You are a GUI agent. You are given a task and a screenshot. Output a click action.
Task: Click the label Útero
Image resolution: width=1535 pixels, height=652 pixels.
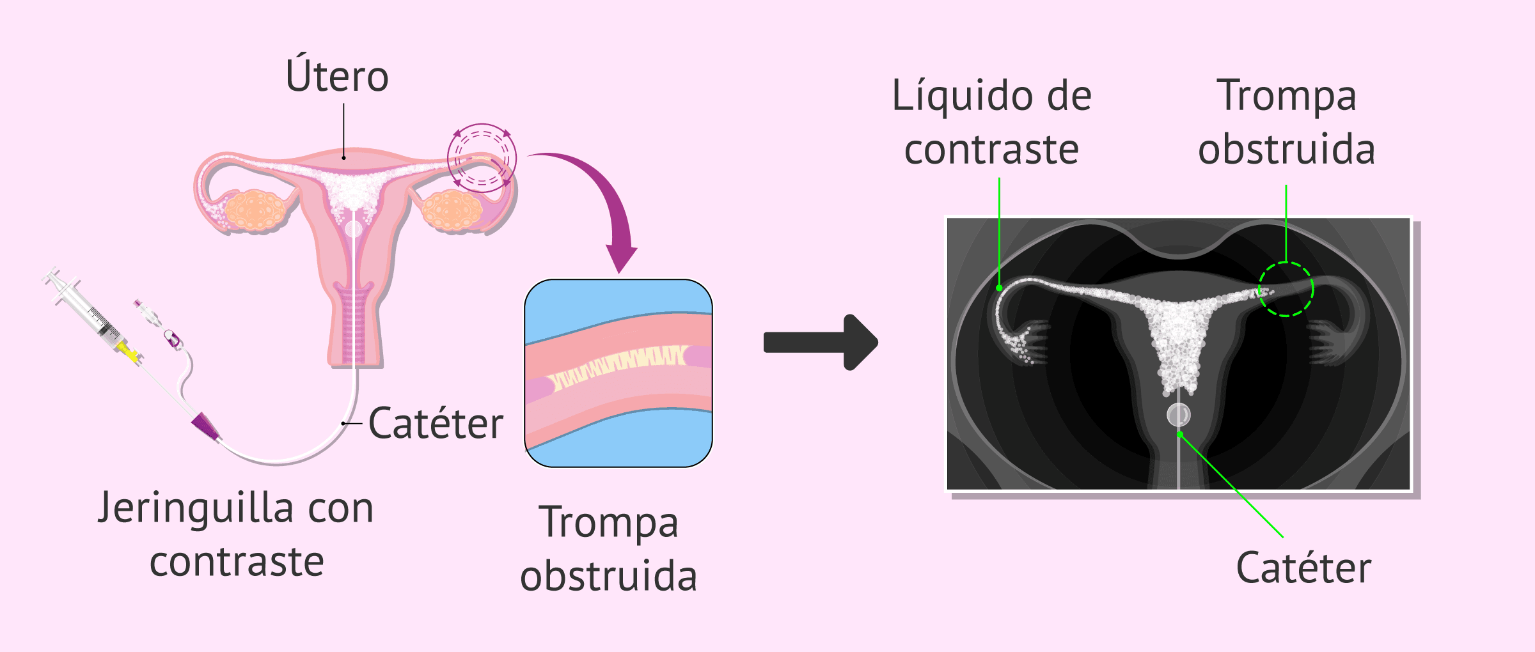click(x=337, y=76)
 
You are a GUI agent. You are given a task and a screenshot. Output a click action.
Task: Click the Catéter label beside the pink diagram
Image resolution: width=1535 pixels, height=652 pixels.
click(x=436, y=424)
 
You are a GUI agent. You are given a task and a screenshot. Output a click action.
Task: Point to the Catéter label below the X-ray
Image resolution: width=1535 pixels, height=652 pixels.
click(x=1303, y=568)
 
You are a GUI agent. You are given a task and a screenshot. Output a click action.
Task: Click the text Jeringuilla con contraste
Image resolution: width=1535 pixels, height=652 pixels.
click(x=236, y=534)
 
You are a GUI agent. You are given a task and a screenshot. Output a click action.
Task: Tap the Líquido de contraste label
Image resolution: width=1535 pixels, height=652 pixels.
click(x=991, y=122)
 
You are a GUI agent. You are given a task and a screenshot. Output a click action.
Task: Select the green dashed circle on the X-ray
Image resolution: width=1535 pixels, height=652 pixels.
click(x=1286, y=289)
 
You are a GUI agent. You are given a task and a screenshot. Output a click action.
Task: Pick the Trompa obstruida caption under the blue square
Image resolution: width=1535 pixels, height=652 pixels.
click(x=608, y=548)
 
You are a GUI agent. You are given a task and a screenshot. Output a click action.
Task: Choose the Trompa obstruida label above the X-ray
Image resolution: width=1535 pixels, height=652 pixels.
click(x=1286, y=122)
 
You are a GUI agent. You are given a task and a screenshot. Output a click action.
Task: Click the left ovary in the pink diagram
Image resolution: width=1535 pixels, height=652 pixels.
click(x=255, y=210)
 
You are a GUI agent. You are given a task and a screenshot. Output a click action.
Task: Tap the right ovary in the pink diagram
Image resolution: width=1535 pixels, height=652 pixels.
click(x=452, y=210)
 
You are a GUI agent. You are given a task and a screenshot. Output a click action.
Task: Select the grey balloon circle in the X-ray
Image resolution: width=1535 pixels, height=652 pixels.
click(x=1178, y=415)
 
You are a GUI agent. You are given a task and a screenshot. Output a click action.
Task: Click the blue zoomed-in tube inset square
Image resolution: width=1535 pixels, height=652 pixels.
click(x=618, y=373)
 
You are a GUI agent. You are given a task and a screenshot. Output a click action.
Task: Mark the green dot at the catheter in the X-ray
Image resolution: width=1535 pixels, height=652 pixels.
click(x=1180, y=435)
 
